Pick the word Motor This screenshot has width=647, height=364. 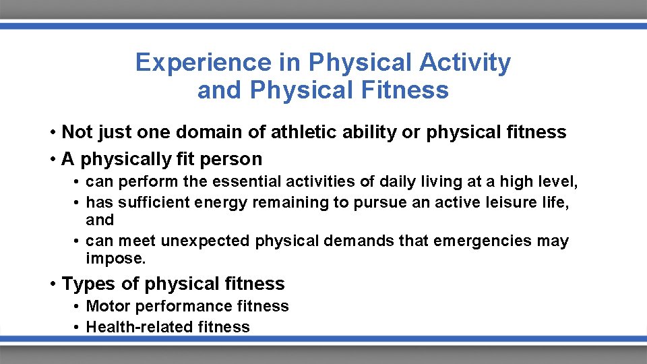109,306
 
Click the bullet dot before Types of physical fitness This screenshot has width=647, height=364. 52,284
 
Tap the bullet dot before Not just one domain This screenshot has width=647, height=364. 52,132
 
